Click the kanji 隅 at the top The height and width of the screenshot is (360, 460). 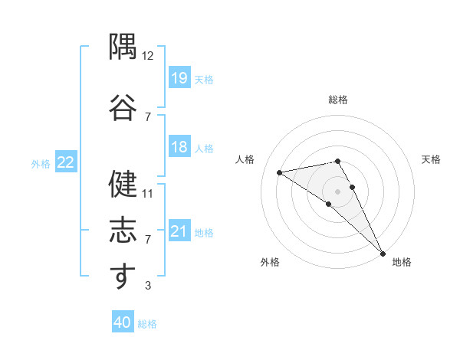(x=123, y=46)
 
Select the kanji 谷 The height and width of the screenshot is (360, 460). (x=123, y=107)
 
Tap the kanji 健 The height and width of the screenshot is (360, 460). (x=123, y=184)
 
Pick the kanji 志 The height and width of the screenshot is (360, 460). (x=123, y=230)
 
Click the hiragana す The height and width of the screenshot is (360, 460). (x=123, y=276)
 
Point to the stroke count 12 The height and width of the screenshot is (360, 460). (x=147, y=56)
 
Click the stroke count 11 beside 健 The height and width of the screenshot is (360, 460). (x=147, y=194)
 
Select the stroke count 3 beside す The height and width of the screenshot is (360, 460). (x=148, y=285)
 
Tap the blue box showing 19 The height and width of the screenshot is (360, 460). (x=179, y=77)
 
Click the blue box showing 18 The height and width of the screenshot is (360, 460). (x=179, y=146)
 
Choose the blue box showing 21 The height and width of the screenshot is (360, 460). (x=179, y=230)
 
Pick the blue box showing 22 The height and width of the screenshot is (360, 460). (x=66, y=162)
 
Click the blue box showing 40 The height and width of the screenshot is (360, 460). (x=123, y=321)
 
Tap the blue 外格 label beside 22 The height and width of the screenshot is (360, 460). (x=41, y=164)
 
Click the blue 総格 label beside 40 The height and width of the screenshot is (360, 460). (x=147, y=324)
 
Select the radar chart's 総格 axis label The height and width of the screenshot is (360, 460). (x=338, y=100)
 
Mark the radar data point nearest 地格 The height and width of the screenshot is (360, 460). (x=383, y=254)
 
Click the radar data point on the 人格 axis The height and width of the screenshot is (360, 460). (x=280, y=172)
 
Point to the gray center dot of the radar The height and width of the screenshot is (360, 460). (x=337, y=191)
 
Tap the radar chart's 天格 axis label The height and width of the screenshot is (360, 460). (x=431, y=159)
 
